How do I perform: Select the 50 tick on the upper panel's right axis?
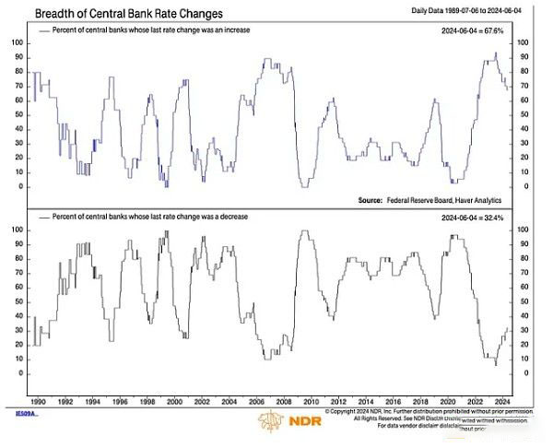coord(526,114)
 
